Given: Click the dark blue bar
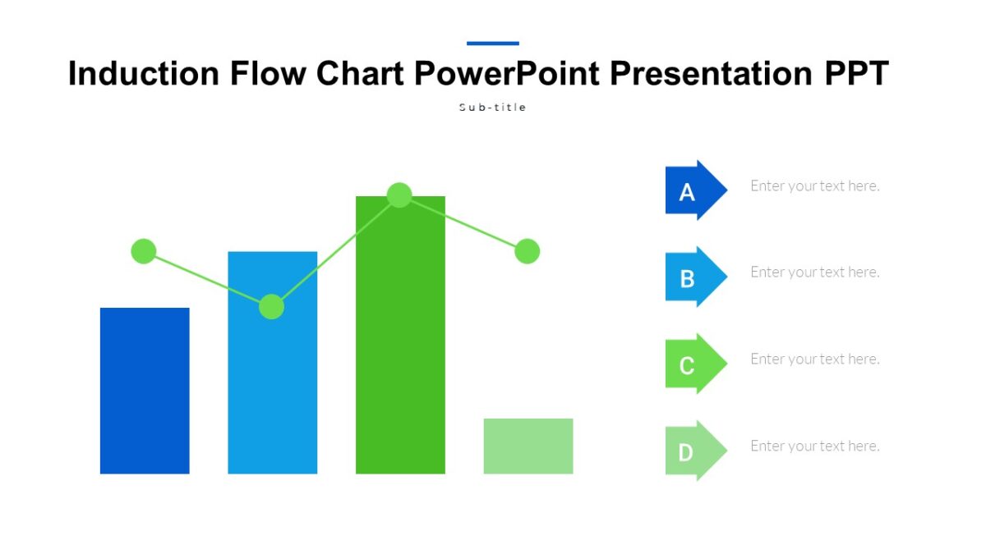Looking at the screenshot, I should pos(145,391).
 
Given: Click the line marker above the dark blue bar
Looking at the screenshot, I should pos(144,251).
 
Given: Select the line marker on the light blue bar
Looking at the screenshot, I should pos(271,307).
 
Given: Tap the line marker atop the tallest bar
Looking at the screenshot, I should pos(399,195).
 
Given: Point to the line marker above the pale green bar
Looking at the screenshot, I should pos(527,251).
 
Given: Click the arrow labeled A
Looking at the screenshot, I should pos(693,190).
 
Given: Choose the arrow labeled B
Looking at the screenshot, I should pos(693,277).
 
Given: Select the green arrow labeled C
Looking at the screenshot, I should pos(693,364).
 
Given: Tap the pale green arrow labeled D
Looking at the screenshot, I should pos(693,451).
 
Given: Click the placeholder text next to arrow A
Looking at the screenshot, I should pos(814,186).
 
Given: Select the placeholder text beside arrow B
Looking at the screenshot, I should pos(814,272).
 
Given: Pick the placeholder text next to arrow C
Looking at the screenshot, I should pos(814,359).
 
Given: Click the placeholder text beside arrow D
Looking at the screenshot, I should pos(814,446).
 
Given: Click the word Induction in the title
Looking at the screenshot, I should pos(144,74).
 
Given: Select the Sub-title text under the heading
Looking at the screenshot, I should pos(492,108).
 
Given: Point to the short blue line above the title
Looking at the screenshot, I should pos(492,43).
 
